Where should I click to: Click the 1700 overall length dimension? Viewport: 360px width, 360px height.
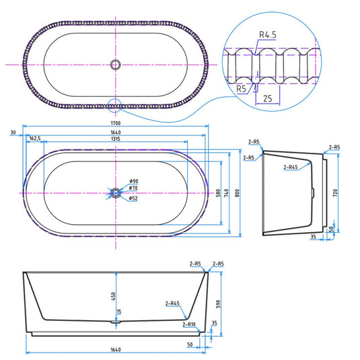116,123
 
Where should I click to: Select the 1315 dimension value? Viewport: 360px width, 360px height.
116,139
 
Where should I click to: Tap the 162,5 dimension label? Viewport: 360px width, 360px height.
35,139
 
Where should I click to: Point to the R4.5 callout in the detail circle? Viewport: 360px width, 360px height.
268,35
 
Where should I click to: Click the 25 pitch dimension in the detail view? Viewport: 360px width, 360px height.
268,98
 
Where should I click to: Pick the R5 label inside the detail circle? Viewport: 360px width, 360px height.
241,89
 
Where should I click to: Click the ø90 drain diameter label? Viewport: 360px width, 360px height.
134,181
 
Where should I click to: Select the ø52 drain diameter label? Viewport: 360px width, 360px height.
133,198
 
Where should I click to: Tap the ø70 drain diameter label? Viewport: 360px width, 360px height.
133,188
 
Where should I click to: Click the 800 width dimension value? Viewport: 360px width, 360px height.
237,193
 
